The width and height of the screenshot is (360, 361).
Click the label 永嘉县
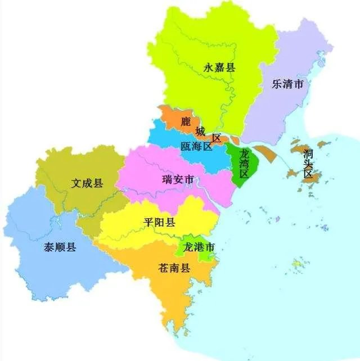tap(219, 69)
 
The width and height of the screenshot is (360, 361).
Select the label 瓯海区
tap(196, 147)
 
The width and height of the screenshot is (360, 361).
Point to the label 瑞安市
tap(178, 180)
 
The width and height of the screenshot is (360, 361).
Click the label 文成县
tap(87, 183)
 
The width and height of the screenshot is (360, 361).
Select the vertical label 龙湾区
tap(244, 164)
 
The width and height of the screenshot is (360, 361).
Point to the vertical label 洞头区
tap(307, 164)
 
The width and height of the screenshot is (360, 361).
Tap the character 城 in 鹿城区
tap(201, 132)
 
